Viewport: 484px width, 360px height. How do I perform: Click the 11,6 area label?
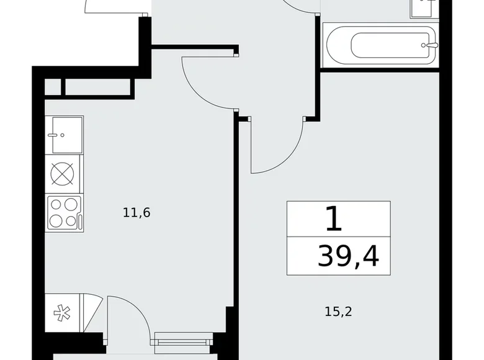[137, 213]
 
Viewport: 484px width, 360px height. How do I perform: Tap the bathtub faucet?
[428, 45]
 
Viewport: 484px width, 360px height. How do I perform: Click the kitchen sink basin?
[64, 134]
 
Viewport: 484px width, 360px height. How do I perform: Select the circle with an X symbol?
[64, 173]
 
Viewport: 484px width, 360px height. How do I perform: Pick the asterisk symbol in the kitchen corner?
[61, 313]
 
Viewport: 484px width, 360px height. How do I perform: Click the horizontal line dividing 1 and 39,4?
[339, 236]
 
